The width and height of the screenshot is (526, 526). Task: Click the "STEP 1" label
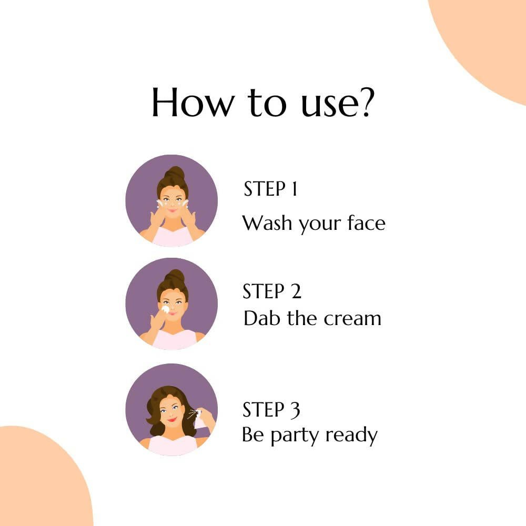click(x=270, y=188)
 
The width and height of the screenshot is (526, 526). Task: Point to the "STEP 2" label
click(x=272, y=291)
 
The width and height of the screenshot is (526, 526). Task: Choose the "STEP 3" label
click(x=271, y=410)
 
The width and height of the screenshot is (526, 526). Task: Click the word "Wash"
click(x=267, y=222)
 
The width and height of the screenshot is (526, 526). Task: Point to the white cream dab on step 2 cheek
click(x=165, y=309)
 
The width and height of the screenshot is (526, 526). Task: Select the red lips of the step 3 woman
click(x=171, y=420)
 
